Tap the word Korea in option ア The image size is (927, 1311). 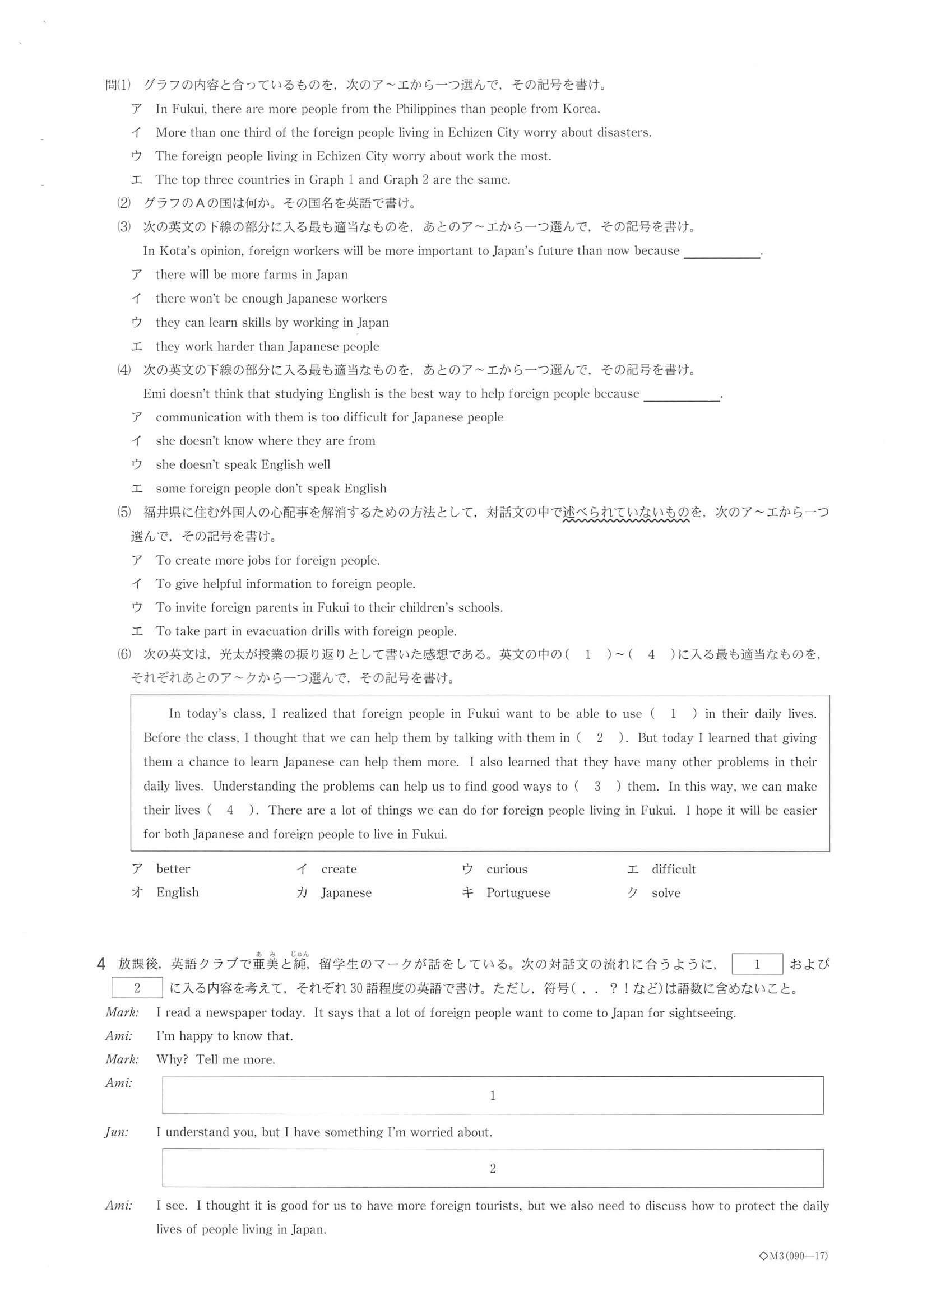(580, 109)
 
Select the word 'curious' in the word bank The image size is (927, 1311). (507, 869)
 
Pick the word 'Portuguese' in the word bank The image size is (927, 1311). (518, 893)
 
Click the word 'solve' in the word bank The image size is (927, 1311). (666, 893)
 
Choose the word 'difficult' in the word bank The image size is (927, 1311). (674, 869)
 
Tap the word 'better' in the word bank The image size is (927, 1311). (173, 869)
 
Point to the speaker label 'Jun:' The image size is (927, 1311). (117, 1132)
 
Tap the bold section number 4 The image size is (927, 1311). (101, 964)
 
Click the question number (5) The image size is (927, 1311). (124, 512)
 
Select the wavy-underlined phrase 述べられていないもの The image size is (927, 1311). (627, 513)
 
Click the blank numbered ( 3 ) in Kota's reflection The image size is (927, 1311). (597, 786)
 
